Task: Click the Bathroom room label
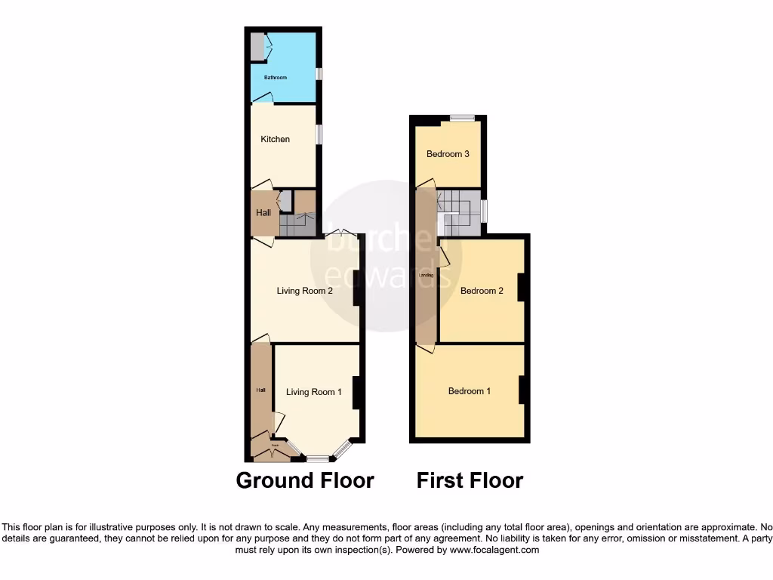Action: coord(275,78)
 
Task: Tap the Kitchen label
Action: coord(275,139)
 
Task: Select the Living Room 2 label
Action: coord(305,291)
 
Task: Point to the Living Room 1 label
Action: coord(314,391)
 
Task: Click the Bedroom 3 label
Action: coord(448,154)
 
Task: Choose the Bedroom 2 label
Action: coord(482,291)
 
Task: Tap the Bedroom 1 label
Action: coord(470,391)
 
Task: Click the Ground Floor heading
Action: coord(305,480)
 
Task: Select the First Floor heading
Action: coord(470,480)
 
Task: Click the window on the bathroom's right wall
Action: coord(319,74)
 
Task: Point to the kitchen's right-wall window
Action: coord(319,134)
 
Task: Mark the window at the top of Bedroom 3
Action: coord(463,118)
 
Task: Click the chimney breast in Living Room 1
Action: coord(357,393)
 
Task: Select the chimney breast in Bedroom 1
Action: coord(521,389)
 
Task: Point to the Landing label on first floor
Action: coord(426,276)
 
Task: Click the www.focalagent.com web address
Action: coord(494,551)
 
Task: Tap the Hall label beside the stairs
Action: coord(263,213)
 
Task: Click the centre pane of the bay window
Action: coord(318,458)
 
